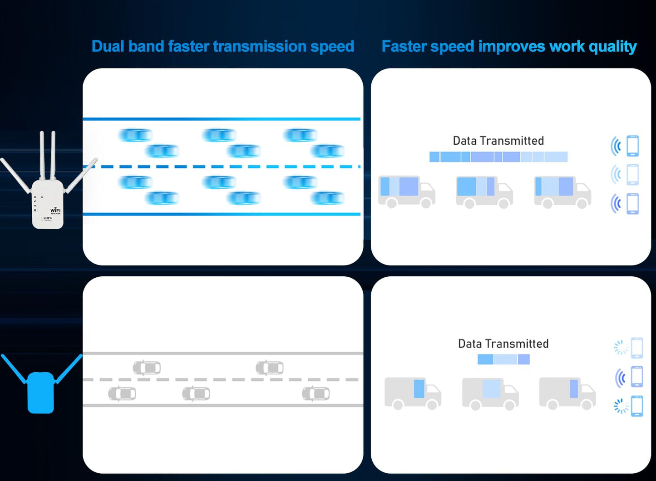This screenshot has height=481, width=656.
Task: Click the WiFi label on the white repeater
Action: (x=55, y=211)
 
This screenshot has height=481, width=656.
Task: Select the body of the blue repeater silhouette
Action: (x=41, y=393)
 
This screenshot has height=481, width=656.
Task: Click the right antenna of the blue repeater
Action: (x=69, y=368)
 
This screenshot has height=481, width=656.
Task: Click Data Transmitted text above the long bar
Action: (x=498, y=141)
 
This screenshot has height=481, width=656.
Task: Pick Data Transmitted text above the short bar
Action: (x=503, y=344)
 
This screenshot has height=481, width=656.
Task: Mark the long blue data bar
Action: (x=498, y=157)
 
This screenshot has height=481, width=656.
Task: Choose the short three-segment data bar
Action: (x=503, y=359)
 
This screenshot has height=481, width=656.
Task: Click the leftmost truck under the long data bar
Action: (x=407, y=191)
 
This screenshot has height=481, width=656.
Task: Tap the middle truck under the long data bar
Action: (x=484, y=191)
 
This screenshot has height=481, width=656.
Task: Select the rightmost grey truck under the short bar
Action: (x=567, y=393)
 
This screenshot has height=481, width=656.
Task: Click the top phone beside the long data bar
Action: (x=632, y=146)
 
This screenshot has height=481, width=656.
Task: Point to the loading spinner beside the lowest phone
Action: (x=620, y=406)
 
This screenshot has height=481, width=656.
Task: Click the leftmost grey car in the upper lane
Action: (x=147, y=367)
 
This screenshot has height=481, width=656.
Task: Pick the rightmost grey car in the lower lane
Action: (x=316, y=393)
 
